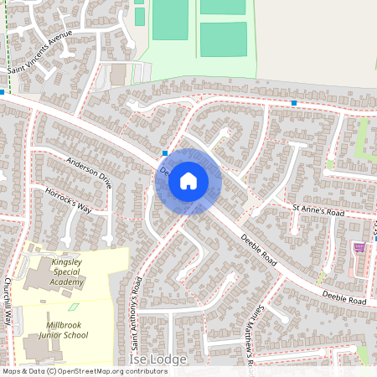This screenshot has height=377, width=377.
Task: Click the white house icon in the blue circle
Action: tap(188, 180)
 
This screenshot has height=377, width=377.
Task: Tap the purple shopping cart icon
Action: tap(360, 248)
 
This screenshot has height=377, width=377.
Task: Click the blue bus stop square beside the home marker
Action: tap(165, 153)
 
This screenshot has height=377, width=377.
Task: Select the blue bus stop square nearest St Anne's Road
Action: tap(294, 103)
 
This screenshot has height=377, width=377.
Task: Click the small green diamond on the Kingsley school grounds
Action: tap(73, 307)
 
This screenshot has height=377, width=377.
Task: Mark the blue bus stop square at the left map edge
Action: tap(3, 92)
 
